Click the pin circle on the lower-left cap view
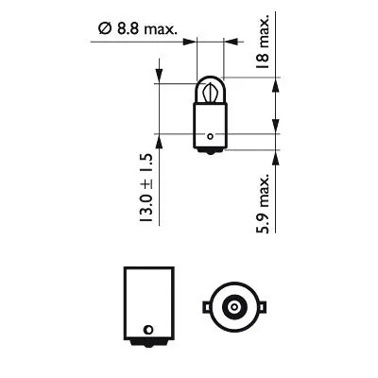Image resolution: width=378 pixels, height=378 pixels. pyautogui.click(x=146, y=330)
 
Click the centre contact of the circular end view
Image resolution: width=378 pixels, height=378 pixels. pyautogui.click(x=231, y=308)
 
